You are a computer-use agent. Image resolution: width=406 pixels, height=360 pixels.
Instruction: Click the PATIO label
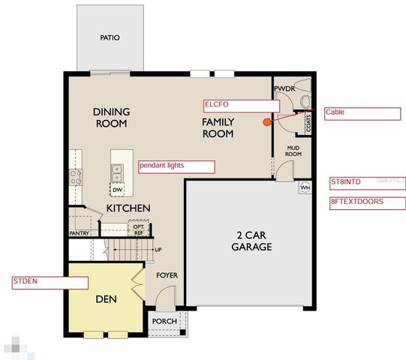110,37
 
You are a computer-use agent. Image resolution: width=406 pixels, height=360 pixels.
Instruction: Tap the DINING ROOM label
111,118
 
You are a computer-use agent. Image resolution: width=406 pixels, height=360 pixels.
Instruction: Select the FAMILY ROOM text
217,127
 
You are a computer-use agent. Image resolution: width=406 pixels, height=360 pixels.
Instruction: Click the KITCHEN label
128,208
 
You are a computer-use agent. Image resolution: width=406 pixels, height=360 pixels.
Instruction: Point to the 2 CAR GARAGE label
251,241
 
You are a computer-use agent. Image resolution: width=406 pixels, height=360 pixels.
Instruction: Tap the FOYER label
167,275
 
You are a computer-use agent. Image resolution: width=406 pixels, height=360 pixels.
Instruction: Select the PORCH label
164,322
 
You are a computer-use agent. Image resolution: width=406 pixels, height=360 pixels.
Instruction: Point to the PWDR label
284,88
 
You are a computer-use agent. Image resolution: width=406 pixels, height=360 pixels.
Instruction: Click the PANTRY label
80,233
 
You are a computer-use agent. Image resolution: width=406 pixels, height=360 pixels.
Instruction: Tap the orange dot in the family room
266,121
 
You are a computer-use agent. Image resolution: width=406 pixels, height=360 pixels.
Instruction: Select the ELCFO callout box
241,106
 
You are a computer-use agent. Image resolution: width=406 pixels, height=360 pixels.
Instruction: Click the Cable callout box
362,113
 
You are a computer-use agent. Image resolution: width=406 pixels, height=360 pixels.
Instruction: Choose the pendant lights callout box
176,166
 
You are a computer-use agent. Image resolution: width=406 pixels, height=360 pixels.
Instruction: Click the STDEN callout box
50,282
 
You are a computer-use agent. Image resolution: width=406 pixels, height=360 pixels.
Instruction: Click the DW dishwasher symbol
118,189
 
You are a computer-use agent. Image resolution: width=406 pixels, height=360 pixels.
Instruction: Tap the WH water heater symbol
305,187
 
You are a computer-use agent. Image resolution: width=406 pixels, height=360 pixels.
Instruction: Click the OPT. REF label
139,229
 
